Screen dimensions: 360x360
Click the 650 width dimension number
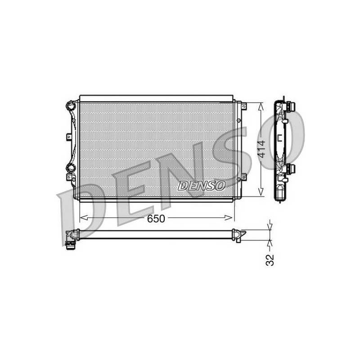[156, 219]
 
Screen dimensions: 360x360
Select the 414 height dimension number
[261, 149]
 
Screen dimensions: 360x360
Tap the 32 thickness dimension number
[270, 260]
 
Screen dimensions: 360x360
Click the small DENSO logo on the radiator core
[201, 185]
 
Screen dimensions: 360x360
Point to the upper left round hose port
[71, 106]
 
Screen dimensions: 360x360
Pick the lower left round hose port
[71, 168]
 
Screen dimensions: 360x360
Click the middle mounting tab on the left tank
[69, 137]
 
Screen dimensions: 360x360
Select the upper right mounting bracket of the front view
[243, 106]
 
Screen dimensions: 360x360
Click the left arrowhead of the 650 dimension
[84, 218]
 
